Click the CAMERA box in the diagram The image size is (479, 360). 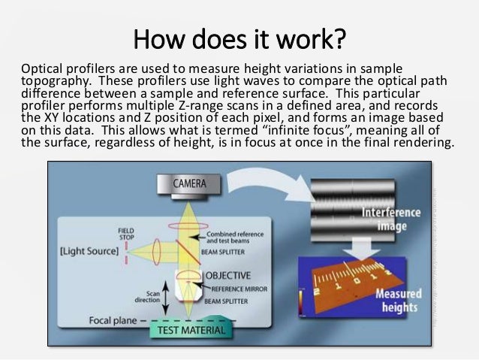click(191, 183)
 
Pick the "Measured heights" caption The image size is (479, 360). click(399, 301)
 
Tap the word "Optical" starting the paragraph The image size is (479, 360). click(41, 67)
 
